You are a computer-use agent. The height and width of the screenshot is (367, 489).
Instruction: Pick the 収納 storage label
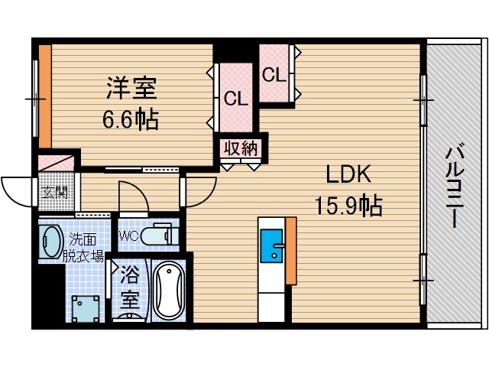click(x=241, y=148)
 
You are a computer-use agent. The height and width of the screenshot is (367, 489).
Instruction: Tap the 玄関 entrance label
click(x=53, y=191)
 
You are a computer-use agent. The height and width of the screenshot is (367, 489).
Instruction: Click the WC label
click(x=129, y=235)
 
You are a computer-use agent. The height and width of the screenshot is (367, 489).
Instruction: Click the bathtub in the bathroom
click(x=168, y=291)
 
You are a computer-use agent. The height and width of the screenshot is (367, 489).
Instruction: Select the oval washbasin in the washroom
click(x=51, y=242)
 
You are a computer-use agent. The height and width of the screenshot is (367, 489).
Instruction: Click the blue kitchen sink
click(x=271, y=245)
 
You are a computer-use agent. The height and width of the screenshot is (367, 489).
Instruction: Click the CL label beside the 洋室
click(x=235, y=99)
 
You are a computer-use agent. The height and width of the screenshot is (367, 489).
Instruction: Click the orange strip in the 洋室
click(x=44, y=96)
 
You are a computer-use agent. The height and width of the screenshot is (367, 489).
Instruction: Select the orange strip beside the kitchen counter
click(x=290, y=251)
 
